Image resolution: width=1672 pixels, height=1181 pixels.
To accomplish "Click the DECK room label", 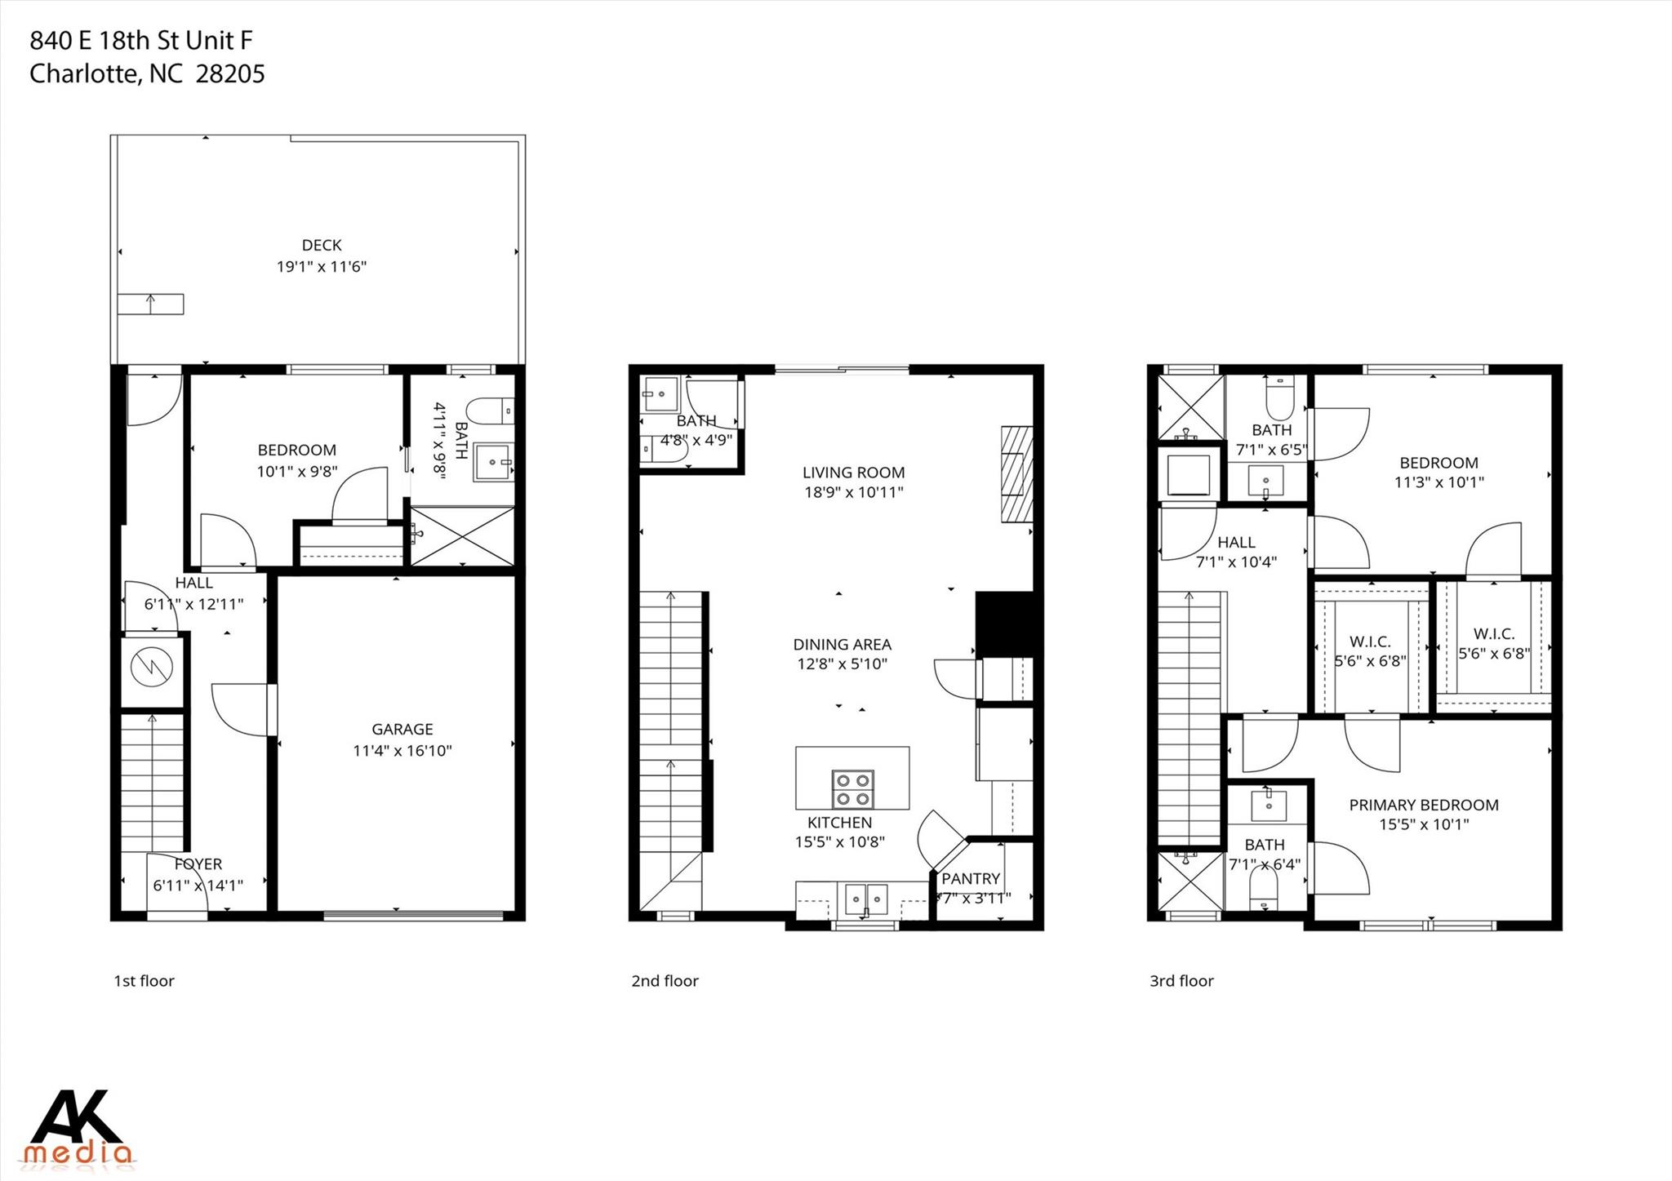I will coord(322,245).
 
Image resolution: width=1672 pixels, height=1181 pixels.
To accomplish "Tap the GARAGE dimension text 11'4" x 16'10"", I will coord(402,751).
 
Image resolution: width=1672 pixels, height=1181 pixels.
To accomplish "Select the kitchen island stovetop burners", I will coord(852,789).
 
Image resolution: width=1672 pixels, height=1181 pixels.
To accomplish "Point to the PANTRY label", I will coord(971,879).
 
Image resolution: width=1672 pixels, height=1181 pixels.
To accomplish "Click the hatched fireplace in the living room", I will coord(1017,475).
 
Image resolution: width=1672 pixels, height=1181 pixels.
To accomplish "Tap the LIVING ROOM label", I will coord(853,473).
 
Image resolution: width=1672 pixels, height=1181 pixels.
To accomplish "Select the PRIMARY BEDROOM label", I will coord(1423,805).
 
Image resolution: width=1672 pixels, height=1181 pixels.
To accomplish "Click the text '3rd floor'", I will coord(1181,981).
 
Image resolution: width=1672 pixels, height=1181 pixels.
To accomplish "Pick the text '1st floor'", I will coord(144,981).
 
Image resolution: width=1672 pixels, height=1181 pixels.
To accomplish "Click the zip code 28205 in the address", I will coord(231,74).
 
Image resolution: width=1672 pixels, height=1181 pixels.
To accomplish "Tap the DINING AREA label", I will coord(842,645).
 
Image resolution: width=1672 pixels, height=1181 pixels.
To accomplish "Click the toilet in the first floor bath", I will coord(495,410).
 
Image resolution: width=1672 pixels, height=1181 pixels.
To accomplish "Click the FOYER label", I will coord(198,864).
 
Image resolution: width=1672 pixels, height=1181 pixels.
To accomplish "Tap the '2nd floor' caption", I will coord(665,981).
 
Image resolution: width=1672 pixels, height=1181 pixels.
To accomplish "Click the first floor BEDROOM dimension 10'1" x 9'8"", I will coord(297,472).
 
